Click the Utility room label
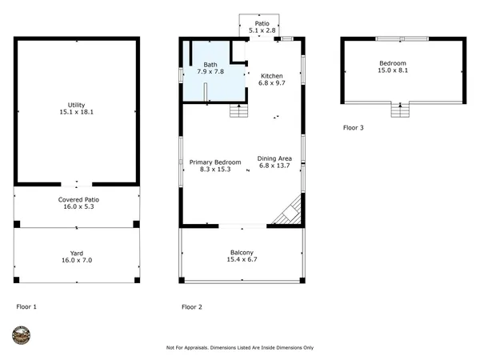tap(76, 105)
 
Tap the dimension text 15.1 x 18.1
tap(76, 113)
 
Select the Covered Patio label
tap(78, 199)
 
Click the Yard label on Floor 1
tap(77, 253)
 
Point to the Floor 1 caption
tap(26, 306)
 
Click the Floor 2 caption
tap(191, 306)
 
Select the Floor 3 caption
tap(354, 127)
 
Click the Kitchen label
tap(272, 75)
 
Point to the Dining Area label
tap(274, 158)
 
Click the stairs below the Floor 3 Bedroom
tap(399, 110)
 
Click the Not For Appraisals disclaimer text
tap(239, 348)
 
